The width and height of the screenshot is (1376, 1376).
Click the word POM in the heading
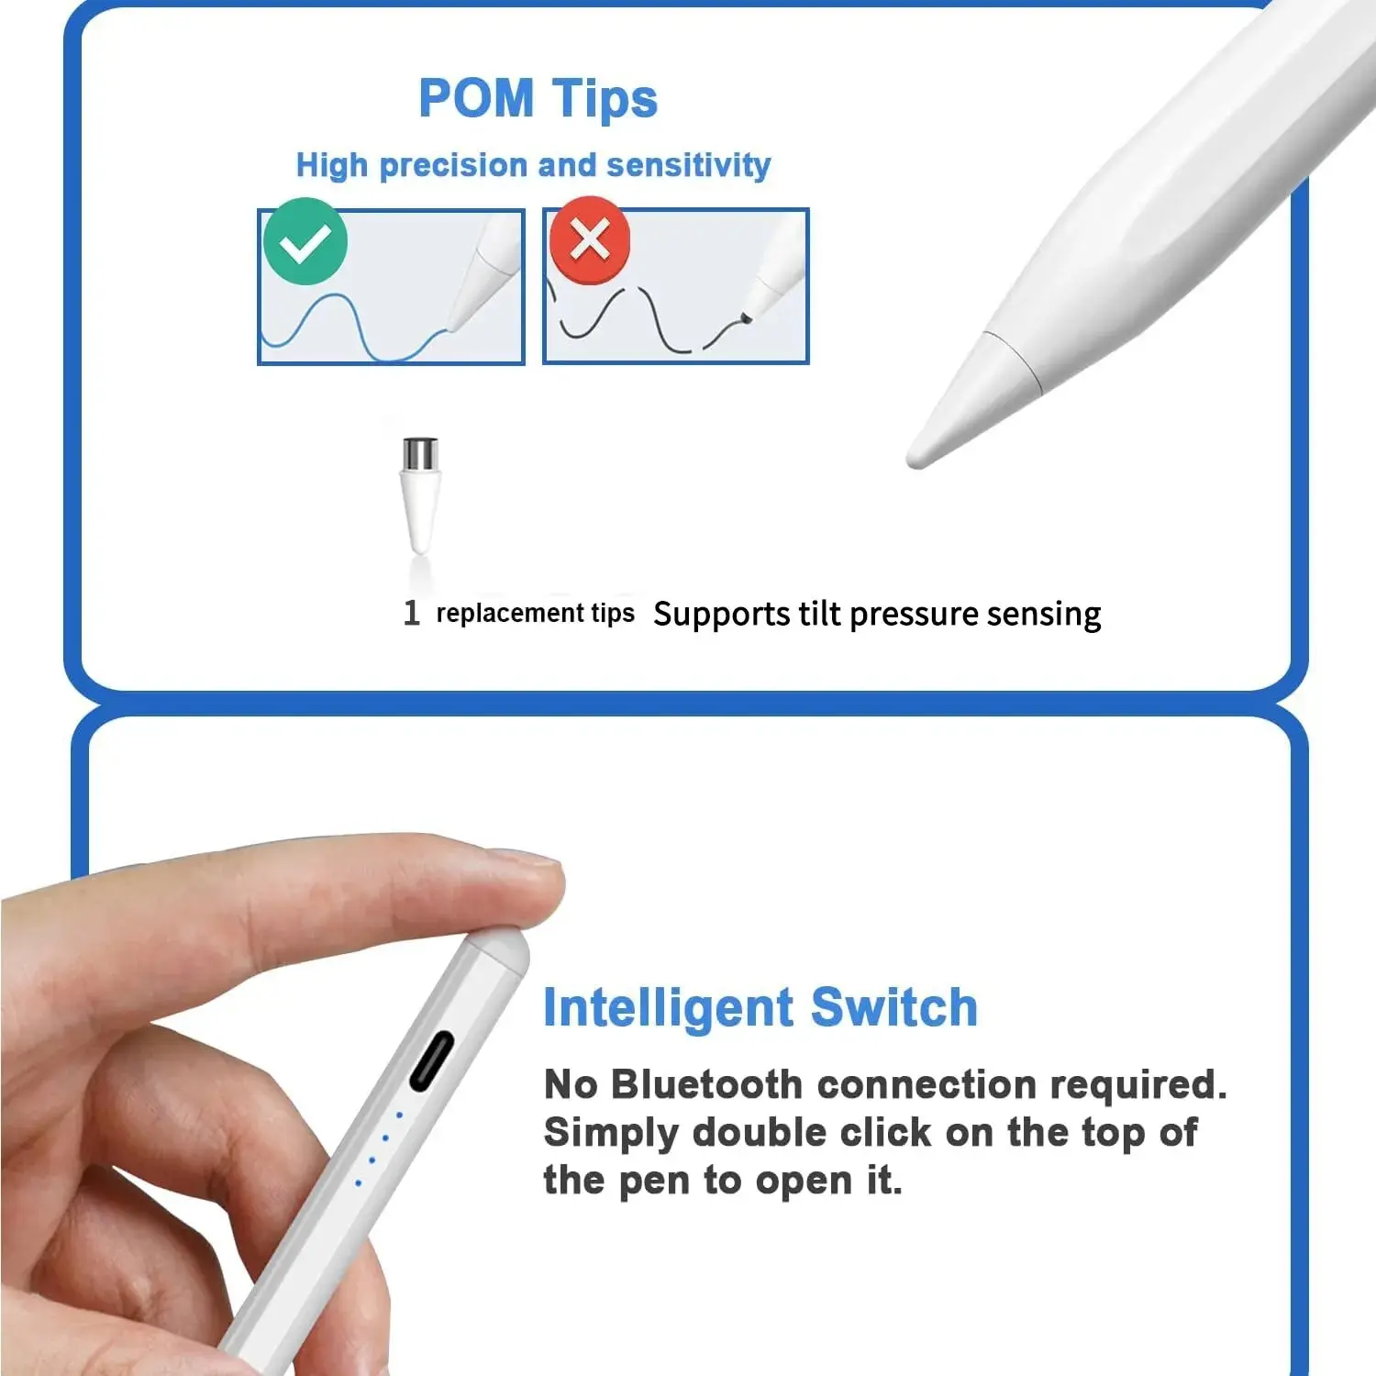[475, 98]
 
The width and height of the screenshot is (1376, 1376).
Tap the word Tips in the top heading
[605, 100]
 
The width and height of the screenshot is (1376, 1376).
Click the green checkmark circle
[305, 241]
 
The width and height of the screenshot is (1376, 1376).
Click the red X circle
[590, 240]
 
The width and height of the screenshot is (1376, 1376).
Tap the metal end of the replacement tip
[420, 453]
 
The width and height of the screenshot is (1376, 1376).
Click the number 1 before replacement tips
[412, 612]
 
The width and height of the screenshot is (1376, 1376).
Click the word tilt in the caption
[819, 613]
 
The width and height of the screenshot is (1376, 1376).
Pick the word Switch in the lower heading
[894, 1007]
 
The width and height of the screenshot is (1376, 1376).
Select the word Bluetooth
[706, 1084]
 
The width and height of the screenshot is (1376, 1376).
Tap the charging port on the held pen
[431, 1061]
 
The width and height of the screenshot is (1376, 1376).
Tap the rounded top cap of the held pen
[502, 954]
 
